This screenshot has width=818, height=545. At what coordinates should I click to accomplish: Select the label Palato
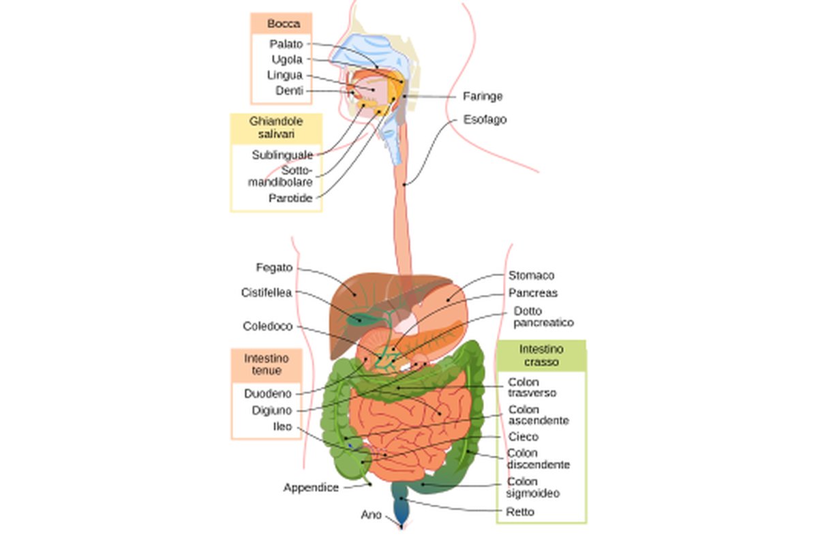tap(286, 44)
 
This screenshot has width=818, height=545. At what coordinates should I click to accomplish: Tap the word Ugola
tap(287, 59)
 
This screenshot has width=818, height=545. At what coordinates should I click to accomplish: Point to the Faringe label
tap(483, 96)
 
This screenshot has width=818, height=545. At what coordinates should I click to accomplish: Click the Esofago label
tap(485, 119)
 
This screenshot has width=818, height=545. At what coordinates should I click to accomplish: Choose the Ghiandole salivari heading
tap(276, 128)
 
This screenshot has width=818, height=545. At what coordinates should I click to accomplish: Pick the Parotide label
tap(290, 198)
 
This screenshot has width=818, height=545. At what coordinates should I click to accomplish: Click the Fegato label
tap(274, 268)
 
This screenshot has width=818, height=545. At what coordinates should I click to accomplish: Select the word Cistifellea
tap(266, 292)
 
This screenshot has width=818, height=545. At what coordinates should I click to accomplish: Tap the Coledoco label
tap(267, 326)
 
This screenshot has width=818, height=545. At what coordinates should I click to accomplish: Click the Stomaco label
tap(531, 275)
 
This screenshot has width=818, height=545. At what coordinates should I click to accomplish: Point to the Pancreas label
tap(532, 293)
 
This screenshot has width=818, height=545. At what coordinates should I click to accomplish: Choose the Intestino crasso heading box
tap(541, 356)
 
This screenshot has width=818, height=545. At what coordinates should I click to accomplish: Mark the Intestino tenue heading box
tap(267, 364)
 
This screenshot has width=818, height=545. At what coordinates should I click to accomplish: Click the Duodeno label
tap(268, 393)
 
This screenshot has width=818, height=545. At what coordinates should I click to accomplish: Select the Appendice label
tap(311, 488)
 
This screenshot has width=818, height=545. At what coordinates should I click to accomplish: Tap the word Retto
tap(520, 512)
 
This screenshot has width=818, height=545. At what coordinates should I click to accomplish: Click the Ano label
tap(371, 515)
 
